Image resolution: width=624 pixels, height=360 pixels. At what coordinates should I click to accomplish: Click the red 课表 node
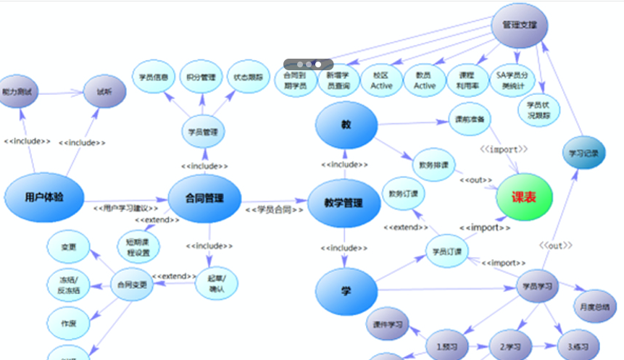(x=524, y=196)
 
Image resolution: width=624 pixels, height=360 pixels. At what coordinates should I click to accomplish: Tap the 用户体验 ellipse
(x=43, y=196)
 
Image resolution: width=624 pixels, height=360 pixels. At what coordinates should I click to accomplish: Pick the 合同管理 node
(x=204, y=198)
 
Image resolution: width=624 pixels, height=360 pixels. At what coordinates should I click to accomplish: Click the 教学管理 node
(x=344, y=203)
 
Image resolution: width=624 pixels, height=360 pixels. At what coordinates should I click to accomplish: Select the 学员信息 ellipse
(x=154, y=78)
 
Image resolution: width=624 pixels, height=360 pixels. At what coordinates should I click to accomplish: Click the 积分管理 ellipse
(x=201, y=78)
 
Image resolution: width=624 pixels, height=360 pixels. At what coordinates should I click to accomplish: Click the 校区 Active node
(x=381, y=80)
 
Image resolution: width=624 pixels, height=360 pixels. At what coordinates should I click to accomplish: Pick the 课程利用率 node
(x=467, y=80)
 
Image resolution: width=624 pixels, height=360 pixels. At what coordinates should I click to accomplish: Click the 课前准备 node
(x=470, y=119)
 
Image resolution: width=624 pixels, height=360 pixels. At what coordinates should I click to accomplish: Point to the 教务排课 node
(x=433, y=164)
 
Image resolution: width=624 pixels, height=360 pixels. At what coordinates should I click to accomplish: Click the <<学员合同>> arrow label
(x=274, y=209)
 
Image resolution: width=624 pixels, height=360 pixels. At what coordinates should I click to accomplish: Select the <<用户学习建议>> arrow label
(x=125, y=209)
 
